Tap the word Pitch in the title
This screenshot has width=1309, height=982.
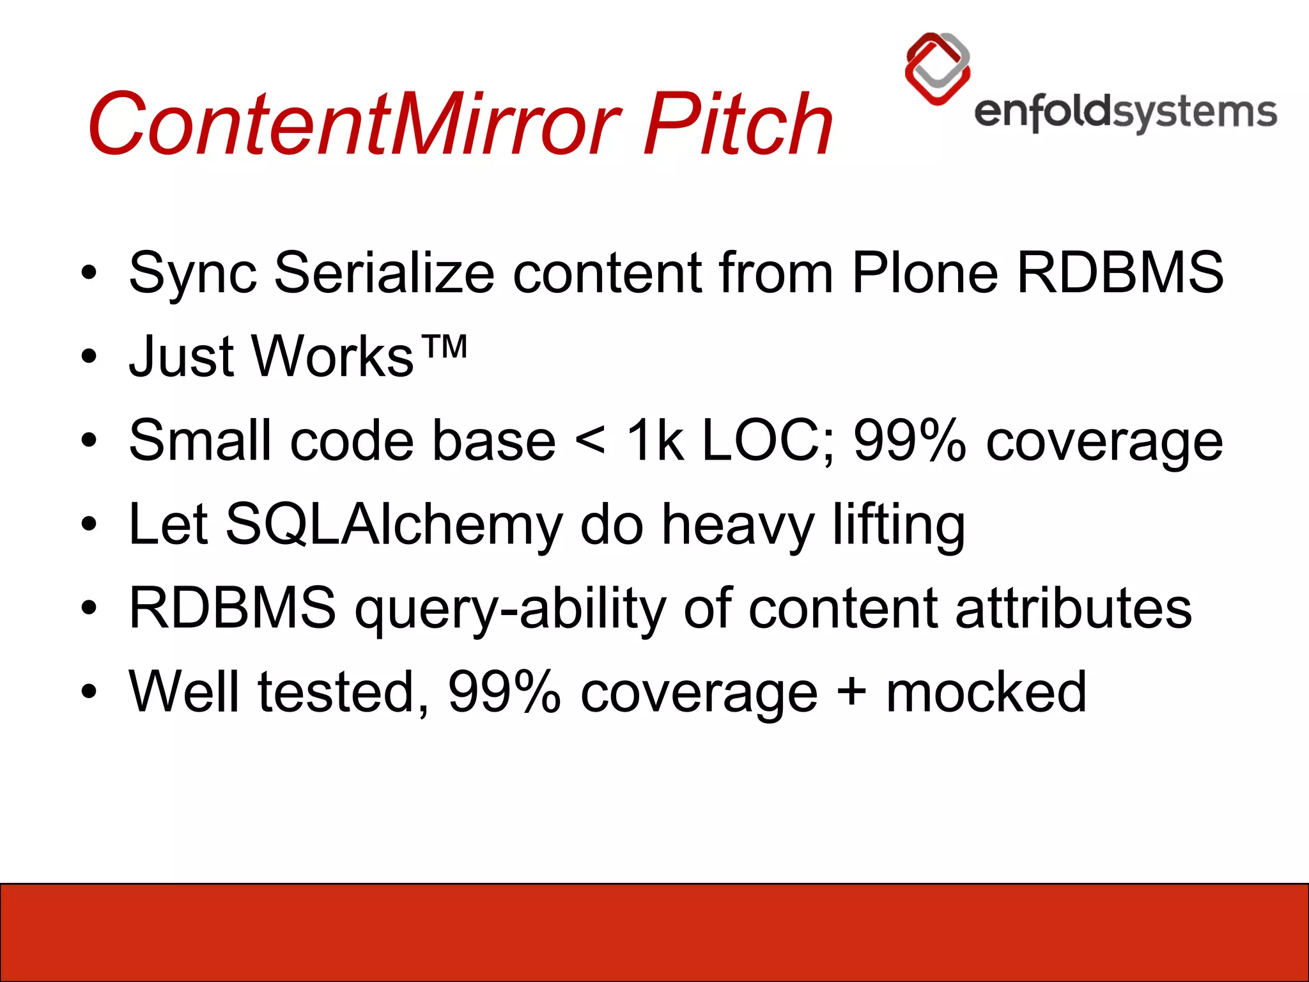(x=738, y=123)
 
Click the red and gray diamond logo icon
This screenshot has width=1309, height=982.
(x=938, y=68)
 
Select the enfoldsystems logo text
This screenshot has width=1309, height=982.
(x=1125, y=113)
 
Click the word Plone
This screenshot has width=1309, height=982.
(x=924, y=273)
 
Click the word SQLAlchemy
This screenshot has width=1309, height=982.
(x=394, y=524)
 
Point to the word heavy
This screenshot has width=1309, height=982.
(x=738, y=524)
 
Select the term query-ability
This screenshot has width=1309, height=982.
(x=509, y=608)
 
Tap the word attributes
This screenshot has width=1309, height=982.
(x=1073, y=608)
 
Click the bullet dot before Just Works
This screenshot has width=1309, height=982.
(x=89, y=357)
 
